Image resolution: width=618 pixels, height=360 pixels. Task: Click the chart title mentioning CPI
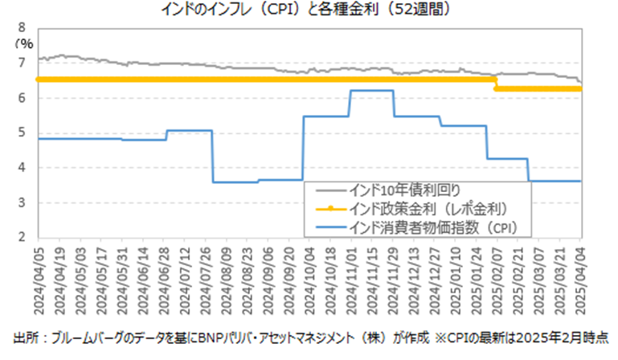pyautogui.click(x=306, y=9)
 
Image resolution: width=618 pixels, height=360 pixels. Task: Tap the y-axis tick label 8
pyautogui.click(x=22, y=27)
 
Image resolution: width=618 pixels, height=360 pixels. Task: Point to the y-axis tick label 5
pyautogui.click(x=22, y=133)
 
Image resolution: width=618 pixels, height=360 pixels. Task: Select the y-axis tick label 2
pyautogui.click(x=22, y=237)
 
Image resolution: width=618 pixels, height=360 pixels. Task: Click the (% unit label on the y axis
pyautogui.click(x=24, y=43)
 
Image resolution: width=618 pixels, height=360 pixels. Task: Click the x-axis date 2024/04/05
pyautogui.click(x=39, y=281)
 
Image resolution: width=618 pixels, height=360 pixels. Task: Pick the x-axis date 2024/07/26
pyautogui.click(x=206, y=281)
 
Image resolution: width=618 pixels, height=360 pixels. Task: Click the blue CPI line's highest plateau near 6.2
pyautogui.click(x=371, y=91)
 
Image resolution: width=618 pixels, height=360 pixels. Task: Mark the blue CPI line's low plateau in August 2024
pyautogui.click(x=235, y=182)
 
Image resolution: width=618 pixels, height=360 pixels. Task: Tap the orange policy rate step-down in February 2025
pyautogui.click(x=495, y=84)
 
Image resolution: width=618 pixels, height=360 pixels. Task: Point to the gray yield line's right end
pyautogui.click(x=581, y=83)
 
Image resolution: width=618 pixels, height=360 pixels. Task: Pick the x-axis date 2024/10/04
pyautogui.click(x=309, y=281)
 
